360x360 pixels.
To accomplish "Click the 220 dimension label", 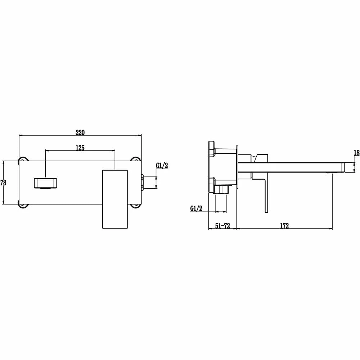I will pyautogui.click(x=80, y=132).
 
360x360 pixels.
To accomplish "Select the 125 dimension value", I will pyautogui.click(x=80, y=148).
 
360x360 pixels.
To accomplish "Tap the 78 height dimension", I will pyautogui.click(x=4, y=183).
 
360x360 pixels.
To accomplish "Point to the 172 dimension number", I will pyautogui.click(x=284, y=226).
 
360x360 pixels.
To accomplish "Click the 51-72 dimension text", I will pyautogui.click(x=222, y=226).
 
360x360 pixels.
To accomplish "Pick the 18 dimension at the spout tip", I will pyautogui.click(x=356, y=153).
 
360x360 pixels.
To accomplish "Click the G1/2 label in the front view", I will pyautogui.click(x=162, y=166).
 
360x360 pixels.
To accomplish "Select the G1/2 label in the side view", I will pyautogui.click(x=196, y=208).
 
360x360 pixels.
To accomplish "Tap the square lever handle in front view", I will pyautogui.click(x=115, y=198).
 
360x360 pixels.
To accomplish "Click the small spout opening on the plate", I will pyautogui.click(x=45, y=183).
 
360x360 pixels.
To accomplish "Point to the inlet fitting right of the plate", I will pyautogui.click(x=143, y=182).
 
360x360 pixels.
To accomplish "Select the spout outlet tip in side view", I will pyautogui.click(x=342, y=167).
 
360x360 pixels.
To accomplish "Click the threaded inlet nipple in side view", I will pyautogui.click(x=221, y=190).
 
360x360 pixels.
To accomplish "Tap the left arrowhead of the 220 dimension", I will pyautogui.click(x=20, y=135).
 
